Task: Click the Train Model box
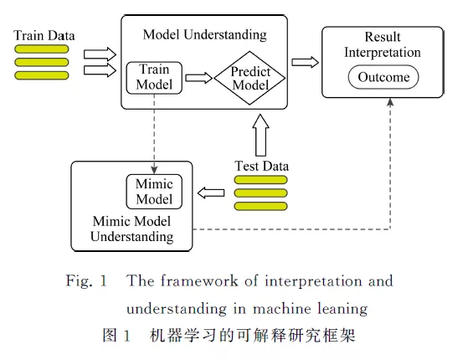pos(154,78)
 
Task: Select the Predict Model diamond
pos(249,78)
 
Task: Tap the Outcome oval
pos(383,77)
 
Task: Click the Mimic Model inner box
pos(154,192)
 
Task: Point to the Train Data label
pos(44,35)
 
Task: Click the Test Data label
pos(261,166)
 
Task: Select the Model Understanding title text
pos(205,34)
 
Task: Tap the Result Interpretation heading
pos(383,44)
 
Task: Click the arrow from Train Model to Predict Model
pos(198,78)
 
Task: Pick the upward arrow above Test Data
pos(261,135)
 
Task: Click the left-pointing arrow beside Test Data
pos(211,193)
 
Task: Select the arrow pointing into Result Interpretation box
pos(305,62)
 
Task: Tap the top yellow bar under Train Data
pos(42,49)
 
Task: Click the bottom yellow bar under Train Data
pos(42,75)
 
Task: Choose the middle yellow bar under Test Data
pos(261,193)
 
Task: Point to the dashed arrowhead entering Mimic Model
pos(154,170)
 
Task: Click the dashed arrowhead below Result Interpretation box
pos(390,102)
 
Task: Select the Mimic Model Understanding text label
pos(132,229)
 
